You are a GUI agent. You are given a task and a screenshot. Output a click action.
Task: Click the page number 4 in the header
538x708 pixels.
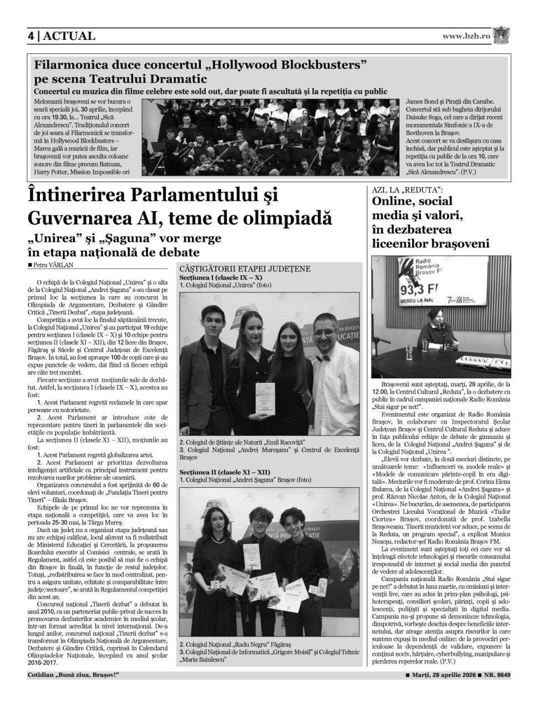click(31, 36)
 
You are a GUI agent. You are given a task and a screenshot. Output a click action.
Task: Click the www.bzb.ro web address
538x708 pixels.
click(466, 36)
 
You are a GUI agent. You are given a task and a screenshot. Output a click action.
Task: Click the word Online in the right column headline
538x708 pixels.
click(397, 201)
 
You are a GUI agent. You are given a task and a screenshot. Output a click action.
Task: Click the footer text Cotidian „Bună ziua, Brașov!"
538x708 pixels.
click(73, 675)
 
